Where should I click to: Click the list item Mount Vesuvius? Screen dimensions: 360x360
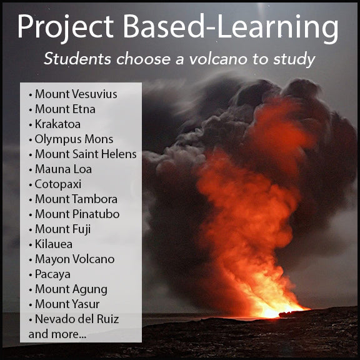click(76, 94)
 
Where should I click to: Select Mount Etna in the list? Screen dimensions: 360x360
click(65, 109)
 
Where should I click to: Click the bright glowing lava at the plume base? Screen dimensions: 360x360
click(275, 309)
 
